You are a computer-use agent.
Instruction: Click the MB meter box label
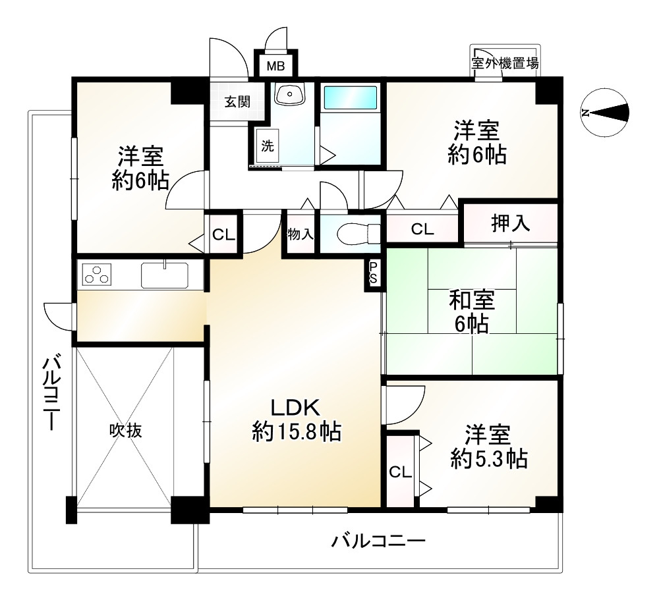(275, 66)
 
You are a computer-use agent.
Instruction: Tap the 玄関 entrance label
(237, 101)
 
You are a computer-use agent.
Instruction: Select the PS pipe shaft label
(373, 273)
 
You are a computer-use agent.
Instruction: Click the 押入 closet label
(511, 223)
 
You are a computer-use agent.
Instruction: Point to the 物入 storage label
(300, 234)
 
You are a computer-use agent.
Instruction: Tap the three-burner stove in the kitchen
(97, 275)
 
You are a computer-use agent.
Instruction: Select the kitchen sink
(164, 275)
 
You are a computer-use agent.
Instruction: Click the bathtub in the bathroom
(350, 98)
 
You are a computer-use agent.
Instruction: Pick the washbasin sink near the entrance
(289, 94)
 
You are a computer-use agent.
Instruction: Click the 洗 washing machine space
(268, 146)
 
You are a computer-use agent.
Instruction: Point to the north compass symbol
(605, 113)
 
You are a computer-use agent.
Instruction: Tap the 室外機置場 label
(505, 63)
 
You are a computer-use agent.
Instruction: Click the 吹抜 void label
(126, 431)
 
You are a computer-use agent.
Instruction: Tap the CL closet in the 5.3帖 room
(400, 472)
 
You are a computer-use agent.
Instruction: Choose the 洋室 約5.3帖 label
(489, 447)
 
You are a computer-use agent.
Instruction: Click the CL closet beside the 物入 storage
(223, 234)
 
